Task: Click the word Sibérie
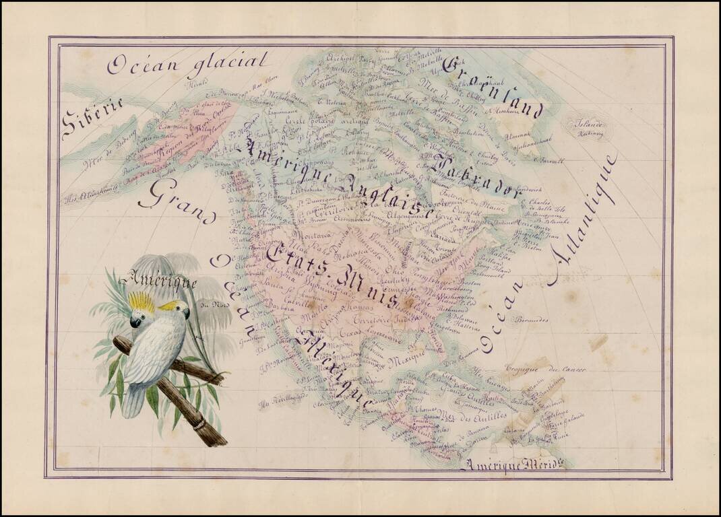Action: [92, 119]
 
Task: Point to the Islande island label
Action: [583, 124]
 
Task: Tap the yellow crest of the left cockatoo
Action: [142, 302]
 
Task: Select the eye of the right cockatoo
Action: [180, 310]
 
